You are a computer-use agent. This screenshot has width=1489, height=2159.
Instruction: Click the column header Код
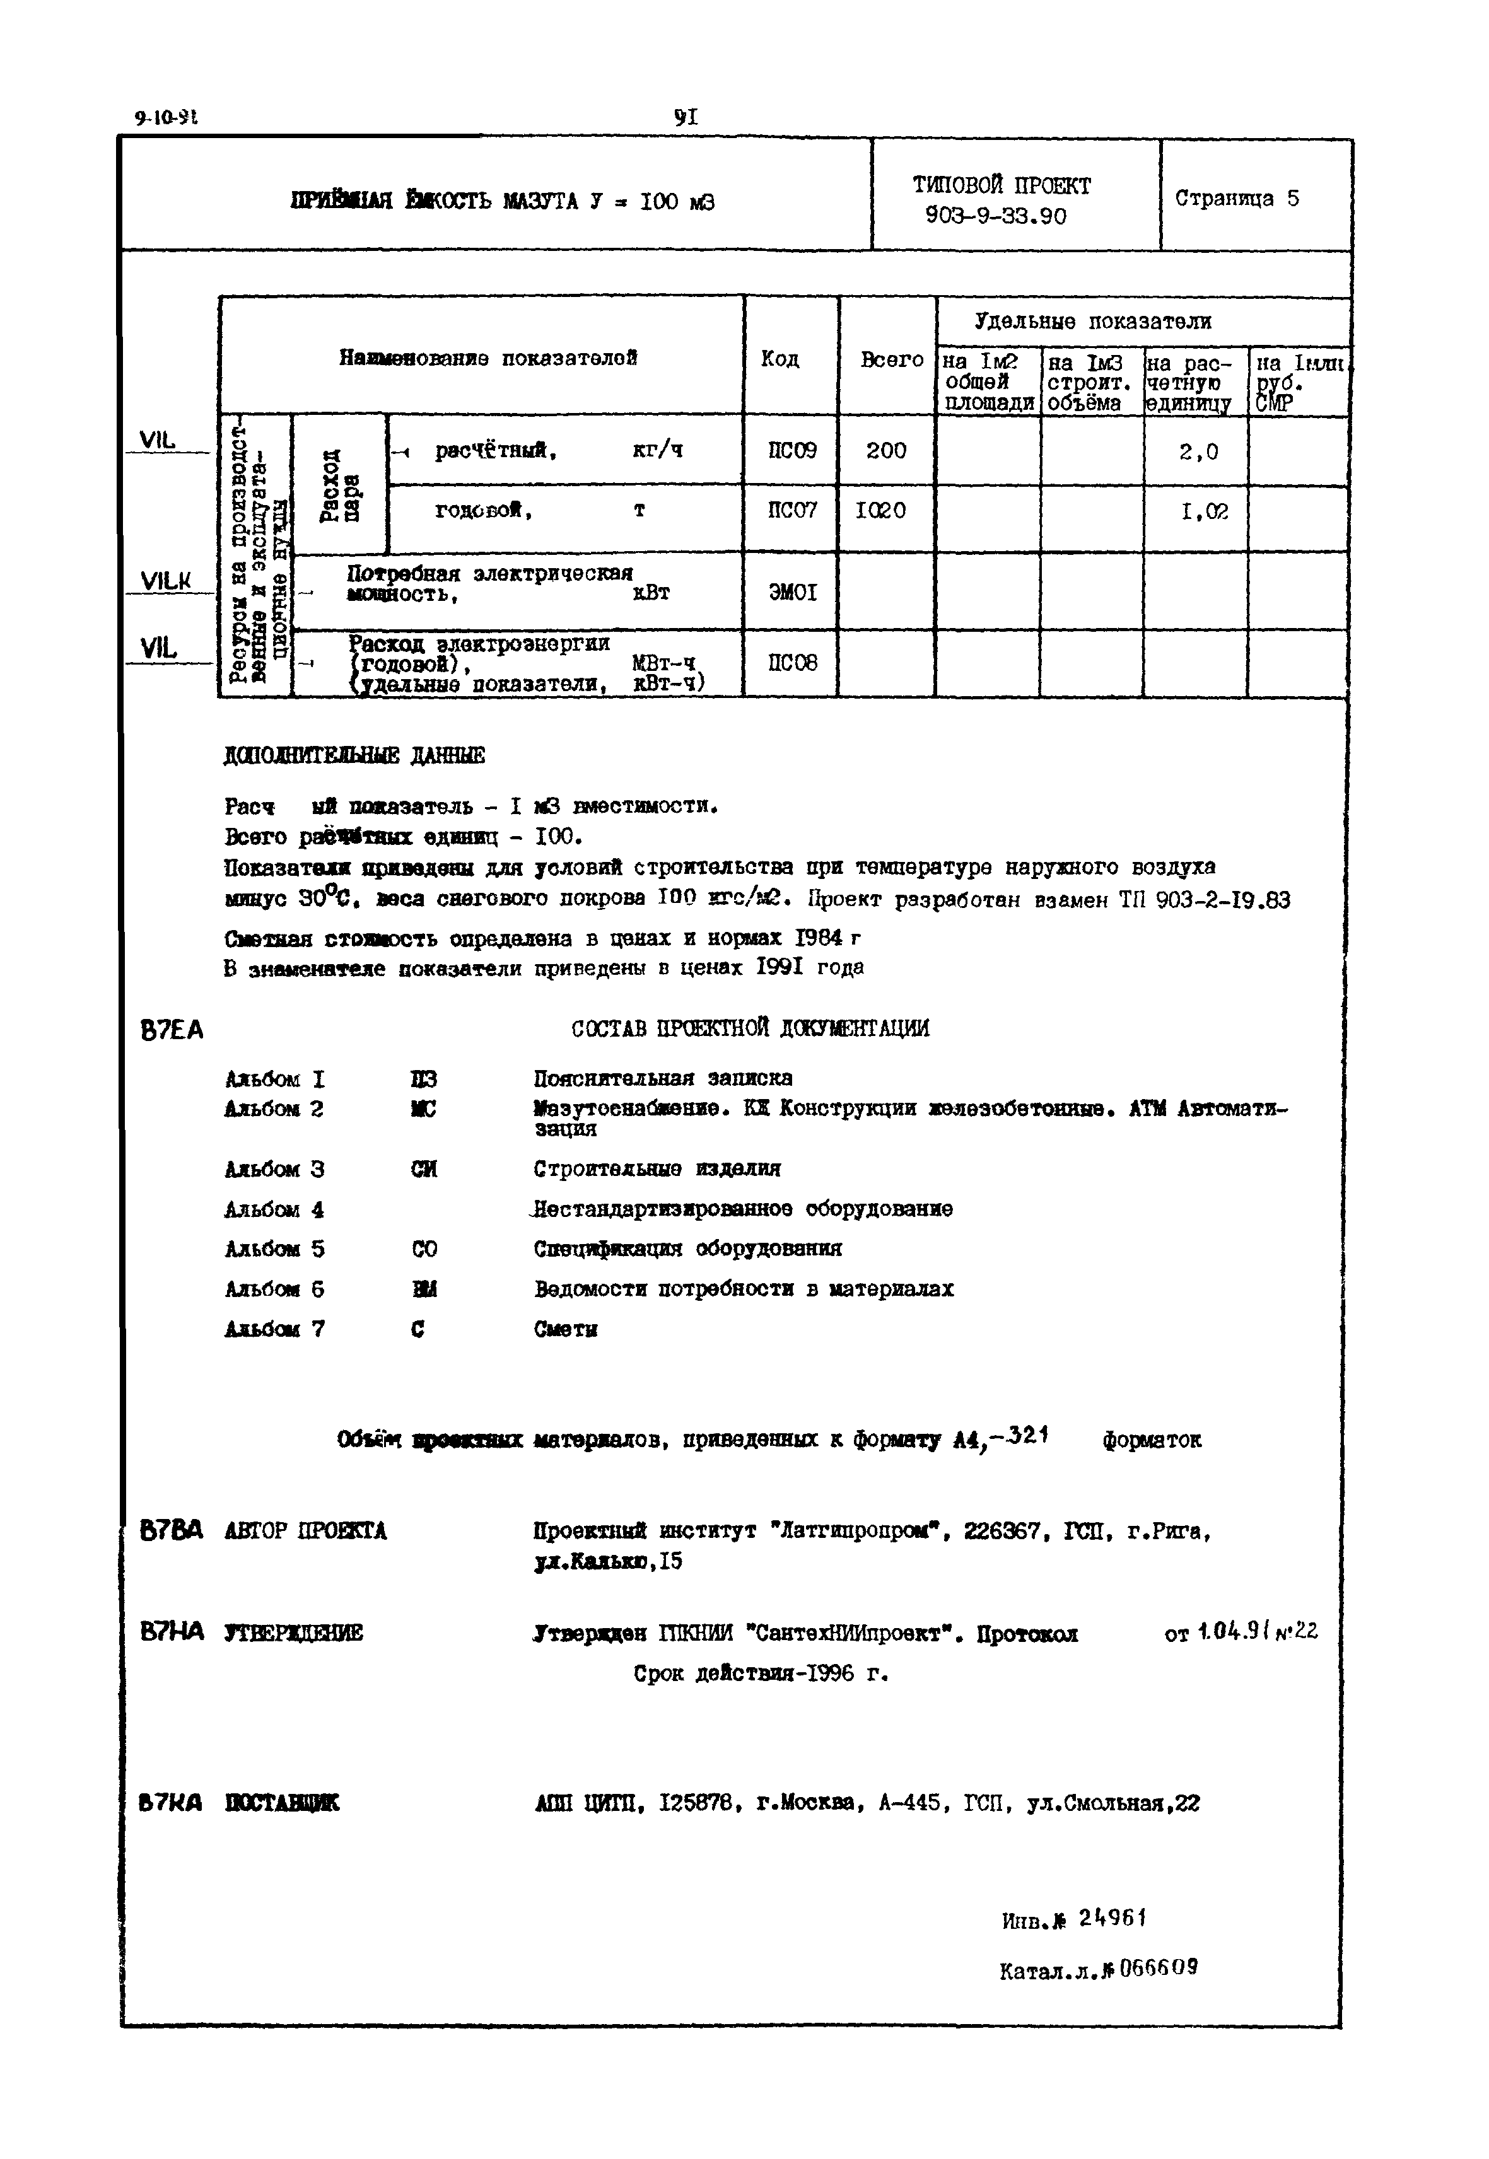click(x=780, y=359)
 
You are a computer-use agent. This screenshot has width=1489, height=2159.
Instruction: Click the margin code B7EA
click(x=172, y=1030)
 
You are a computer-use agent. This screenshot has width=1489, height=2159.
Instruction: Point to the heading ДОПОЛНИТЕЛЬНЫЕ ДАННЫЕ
click(x=354, y=755)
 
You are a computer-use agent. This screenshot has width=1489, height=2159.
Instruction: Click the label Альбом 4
click(x=274, y=1211)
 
